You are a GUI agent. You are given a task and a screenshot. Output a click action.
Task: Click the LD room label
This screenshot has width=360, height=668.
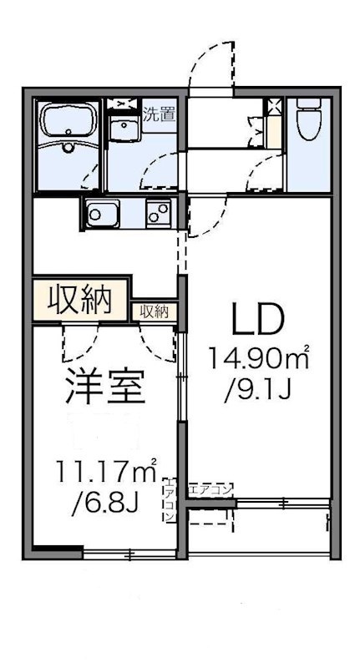(259, 319)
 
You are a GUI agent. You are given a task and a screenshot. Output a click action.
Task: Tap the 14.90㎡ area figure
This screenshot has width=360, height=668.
(259, 360)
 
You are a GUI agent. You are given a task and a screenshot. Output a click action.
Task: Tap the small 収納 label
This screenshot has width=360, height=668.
(154, 311)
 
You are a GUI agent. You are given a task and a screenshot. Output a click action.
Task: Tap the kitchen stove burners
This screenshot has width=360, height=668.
(158, 214)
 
